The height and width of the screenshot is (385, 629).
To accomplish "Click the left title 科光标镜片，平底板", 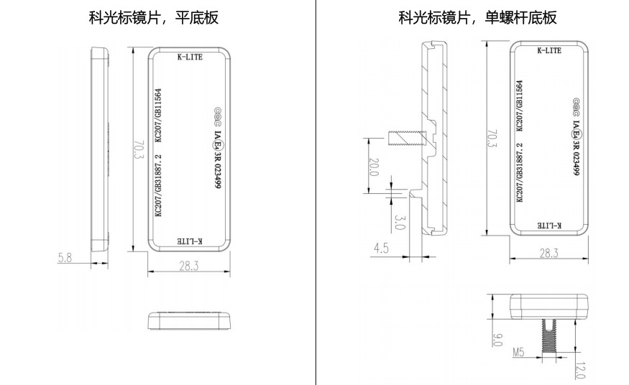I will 153,17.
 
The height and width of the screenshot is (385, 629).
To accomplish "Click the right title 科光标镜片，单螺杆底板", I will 477,17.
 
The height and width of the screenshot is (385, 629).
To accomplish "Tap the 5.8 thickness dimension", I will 65,257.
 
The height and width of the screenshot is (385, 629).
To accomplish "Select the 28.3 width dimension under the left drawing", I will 190,265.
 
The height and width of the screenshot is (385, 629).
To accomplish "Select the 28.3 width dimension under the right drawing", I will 549,253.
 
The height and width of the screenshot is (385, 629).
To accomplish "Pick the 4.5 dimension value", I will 381,249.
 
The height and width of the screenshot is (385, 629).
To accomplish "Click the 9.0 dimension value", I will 497,339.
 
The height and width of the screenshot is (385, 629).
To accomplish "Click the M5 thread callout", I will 519,352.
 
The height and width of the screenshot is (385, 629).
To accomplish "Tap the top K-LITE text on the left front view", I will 190,57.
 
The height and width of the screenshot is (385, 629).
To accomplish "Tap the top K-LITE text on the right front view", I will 548,50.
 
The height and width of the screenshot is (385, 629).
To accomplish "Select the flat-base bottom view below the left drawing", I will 189,320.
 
